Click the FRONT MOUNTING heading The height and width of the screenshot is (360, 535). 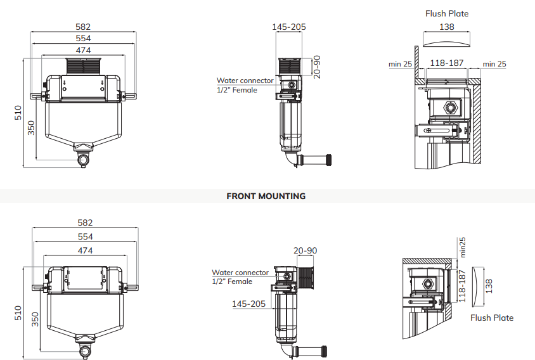tap(266, 196)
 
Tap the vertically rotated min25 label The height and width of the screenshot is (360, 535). tap(463, 247)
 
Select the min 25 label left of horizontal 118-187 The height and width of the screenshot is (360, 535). tap(401, 64)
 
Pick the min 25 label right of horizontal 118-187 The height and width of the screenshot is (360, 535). tap(494, 64)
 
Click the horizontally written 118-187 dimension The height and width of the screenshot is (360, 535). tap(448, 63)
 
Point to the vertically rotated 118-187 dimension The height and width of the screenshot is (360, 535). tap(463, 286)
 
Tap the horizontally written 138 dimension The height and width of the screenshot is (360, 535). tap(448, 27)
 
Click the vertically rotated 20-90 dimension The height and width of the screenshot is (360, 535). tap(318, 67)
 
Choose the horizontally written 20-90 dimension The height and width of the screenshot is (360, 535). tap(305, 250)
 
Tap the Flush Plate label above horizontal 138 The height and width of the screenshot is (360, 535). tap(447, 13)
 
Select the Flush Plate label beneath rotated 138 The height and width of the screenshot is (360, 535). tap(492, 318)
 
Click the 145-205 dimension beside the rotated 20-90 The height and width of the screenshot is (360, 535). tap(289, 27)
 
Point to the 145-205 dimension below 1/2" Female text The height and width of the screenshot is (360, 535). tap(249, 304)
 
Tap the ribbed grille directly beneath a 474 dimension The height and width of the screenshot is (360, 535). tap(84, 66)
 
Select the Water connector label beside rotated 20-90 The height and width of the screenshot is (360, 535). tap(245, 80)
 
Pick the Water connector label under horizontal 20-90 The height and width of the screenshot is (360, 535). tap(240, 273)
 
